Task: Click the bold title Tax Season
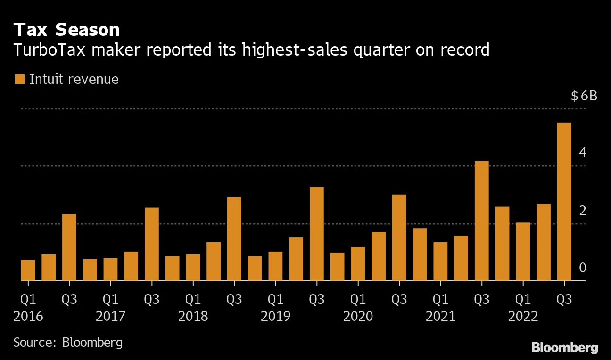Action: pos(66,30)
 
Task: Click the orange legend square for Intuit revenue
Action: pos(19,79)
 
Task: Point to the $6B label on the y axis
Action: pos(584,96)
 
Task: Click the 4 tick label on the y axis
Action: pos(583,153)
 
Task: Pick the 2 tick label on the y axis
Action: pos(583,210)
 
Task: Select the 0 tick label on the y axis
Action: pos(583,268)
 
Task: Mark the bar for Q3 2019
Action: pos(316,234)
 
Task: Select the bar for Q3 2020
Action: pos(399,237)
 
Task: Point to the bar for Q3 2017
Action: pos(151,244)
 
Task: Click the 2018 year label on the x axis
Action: pos(193,316)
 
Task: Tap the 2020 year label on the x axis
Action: pos(358,316)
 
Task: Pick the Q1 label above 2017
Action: pos(110,299)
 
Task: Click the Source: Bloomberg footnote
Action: pos(68,342)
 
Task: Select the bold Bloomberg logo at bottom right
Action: pos(564,348)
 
